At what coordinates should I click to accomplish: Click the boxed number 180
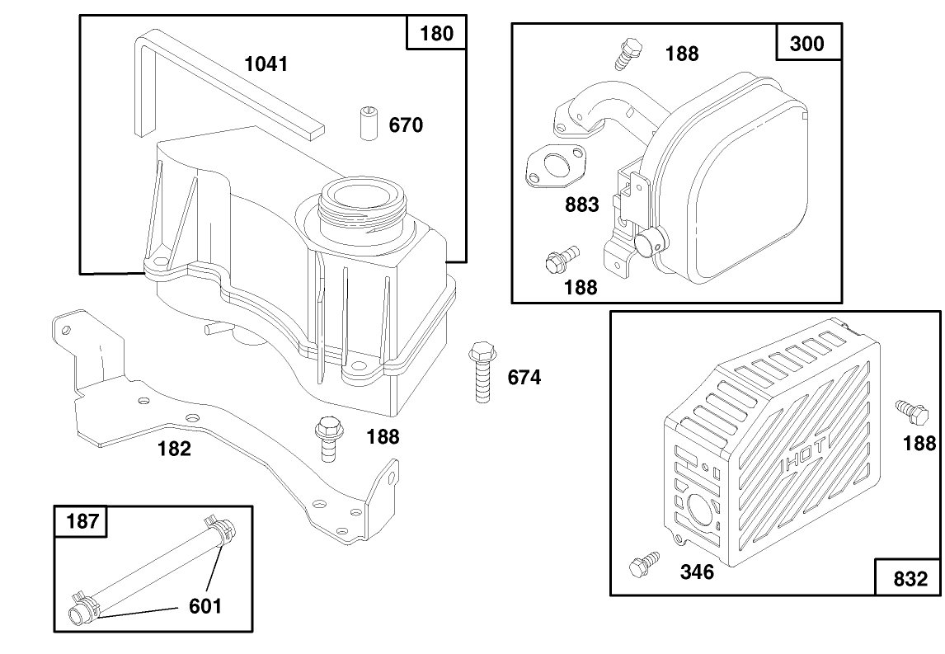(436, 34)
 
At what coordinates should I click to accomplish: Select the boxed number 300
(807, 43)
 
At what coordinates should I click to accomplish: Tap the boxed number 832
(910, 578)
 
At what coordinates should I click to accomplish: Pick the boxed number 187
(81, 522)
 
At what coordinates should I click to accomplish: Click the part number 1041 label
(266, 64)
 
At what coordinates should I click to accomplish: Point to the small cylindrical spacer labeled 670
(368, 124)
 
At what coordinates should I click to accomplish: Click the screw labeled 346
(642, 565)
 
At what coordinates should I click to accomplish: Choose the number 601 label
(205, 606)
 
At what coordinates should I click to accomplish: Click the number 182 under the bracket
(174, 449)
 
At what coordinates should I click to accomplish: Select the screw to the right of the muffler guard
(908, 408)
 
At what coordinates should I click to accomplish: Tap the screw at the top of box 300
(629, 53)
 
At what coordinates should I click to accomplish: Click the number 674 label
(524, 378)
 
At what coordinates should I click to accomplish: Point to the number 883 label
(581, 205)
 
